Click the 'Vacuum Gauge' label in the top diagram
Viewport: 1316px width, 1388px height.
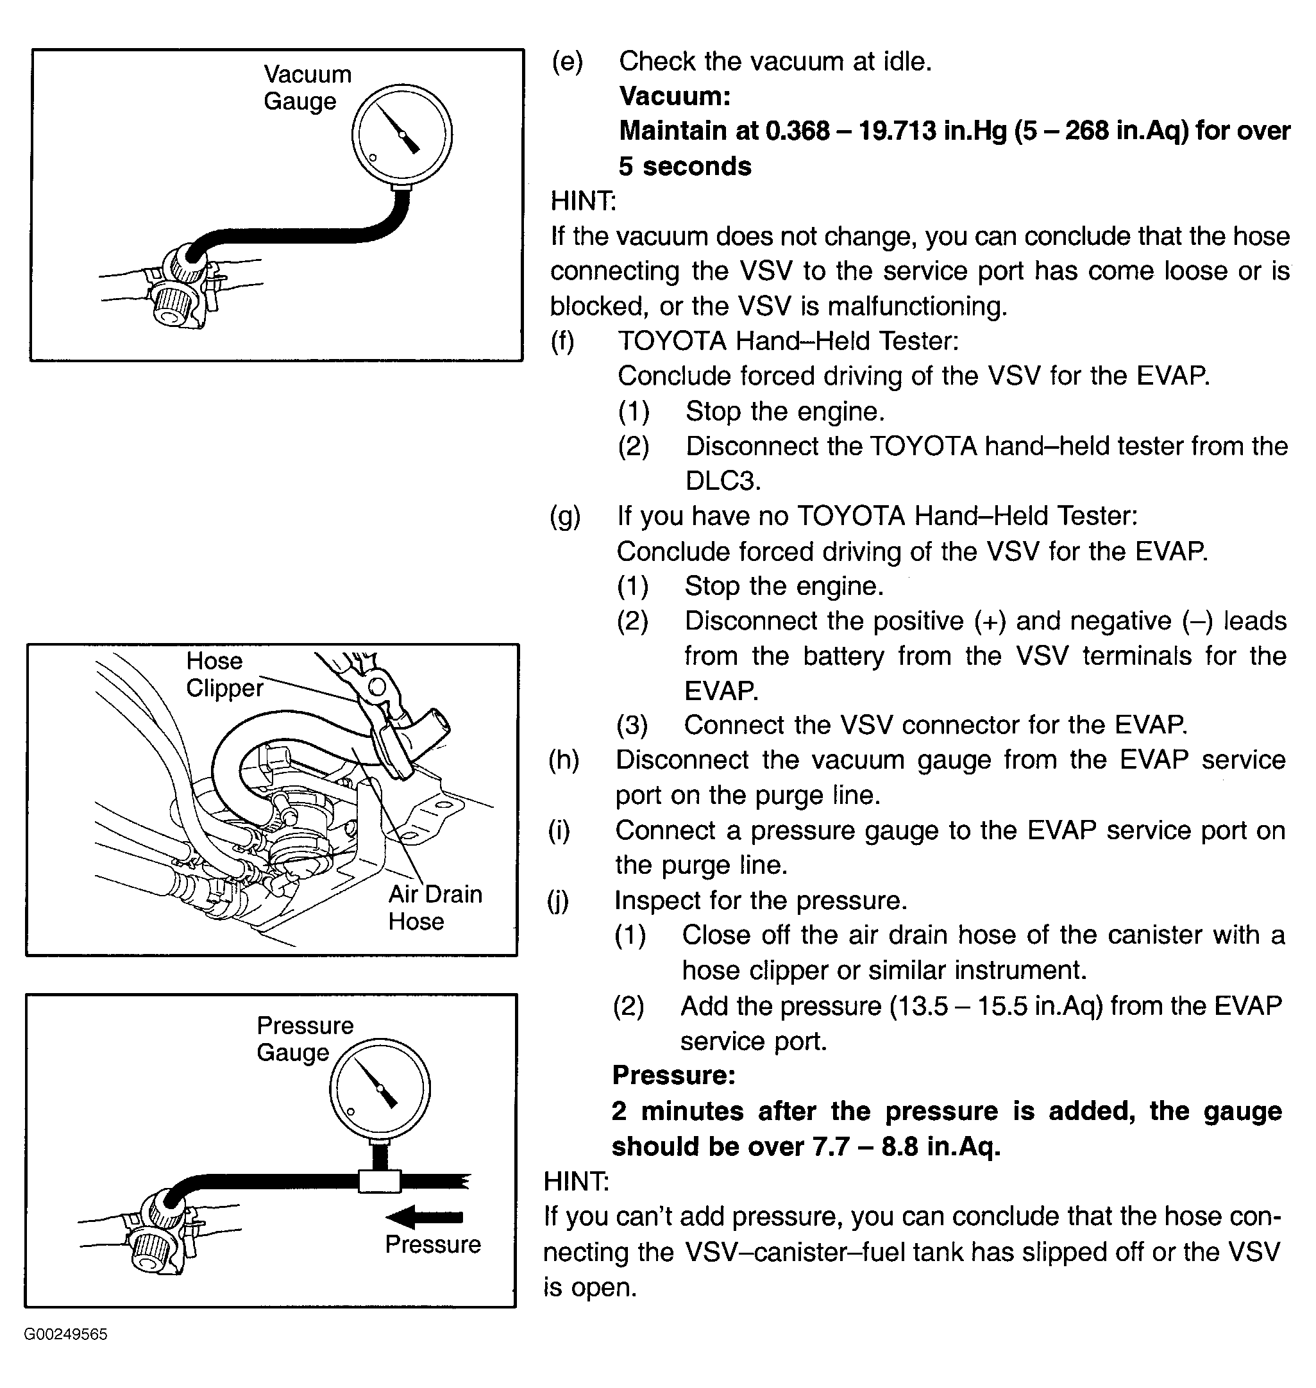[x=307, y=88]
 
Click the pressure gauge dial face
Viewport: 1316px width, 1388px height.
[x=380, y=1088]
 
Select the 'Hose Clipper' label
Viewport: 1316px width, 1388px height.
[x=224, y=674]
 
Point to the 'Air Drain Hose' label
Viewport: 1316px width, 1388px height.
[x=435, y=907]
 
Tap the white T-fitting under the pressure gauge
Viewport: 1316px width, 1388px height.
[x=380, y=1180]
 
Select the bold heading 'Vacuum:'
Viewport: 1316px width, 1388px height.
[x=674, y=96]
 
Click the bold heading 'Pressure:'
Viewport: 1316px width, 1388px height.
[x=673, y=1074]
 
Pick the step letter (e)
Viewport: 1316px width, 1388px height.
[x=567, y=62]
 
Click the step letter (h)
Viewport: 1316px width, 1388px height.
[x=563, y=760]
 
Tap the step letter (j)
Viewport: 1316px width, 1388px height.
[x=559, y=900]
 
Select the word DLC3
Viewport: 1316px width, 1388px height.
[x=723, y=481]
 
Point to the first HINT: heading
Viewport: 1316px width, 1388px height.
[x=582, y=201]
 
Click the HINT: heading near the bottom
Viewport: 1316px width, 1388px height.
[x=576, y=1181]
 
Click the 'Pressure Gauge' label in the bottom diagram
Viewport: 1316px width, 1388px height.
[x=305, y=1039]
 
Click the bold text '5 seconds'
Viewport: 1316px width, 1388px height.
[x=685, y=166]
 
